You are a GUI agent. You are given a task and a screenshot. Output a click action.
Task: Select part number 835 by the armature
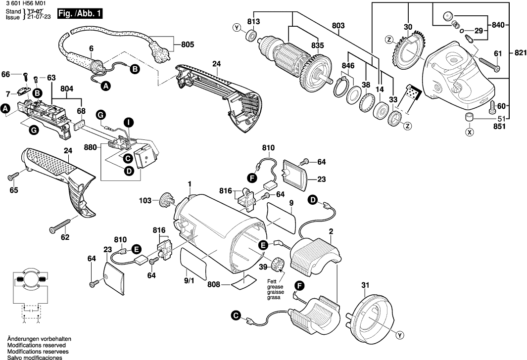pos(317,45)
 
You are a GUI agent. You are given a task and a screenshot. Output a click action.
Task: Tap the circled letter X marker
pos(468,132)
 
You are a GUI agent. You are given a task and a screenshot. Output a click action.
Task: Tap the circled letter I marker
pos(128,122)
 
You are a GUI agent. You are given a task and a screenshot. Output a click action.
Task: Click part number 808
pos(213,285)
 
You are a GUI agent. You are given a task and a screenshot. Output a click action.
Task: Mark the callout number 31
pos(365,285)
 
